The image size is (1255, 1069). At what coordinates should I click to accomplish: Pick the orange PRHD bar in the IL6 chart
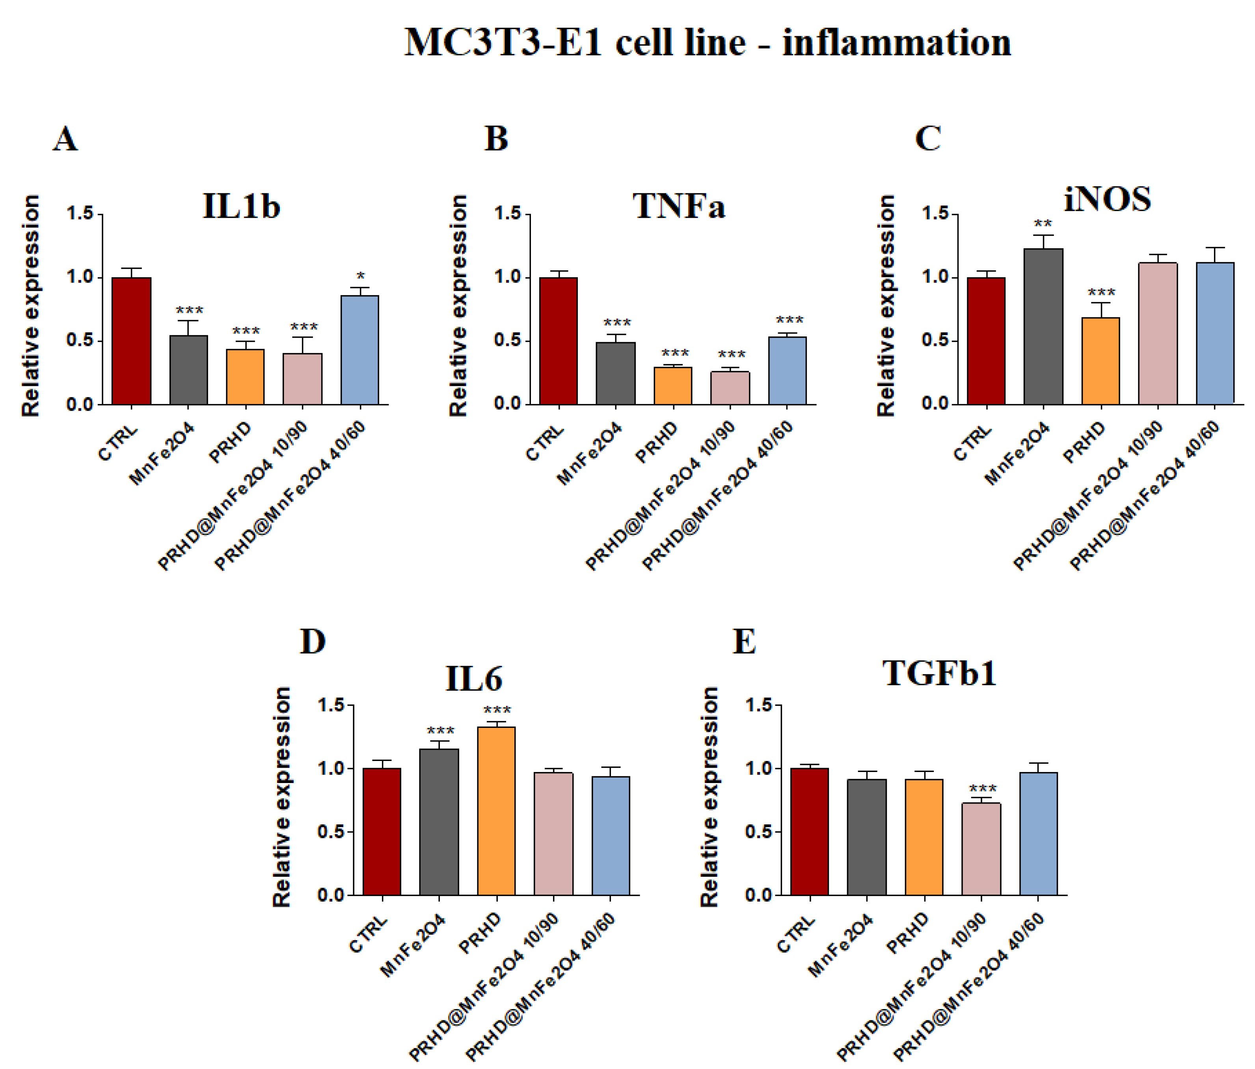(496, 811)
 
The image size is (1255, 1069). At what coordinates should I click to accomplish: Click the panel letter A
(65, 139)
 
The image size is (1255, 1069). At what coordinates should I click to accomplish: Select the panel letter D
(313, 642)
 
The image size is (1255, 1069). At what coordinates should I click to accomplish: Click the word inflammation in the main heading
(896, 43)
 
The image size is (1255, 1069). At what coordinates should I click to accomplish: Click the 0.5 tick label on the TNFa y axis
(508, 340)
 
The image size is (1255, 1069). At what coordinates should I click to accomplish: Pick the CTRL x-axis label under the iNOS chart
(972, 443)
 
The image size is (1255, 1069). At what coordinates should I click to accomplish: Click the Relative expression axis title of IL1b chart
(30, 306)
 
